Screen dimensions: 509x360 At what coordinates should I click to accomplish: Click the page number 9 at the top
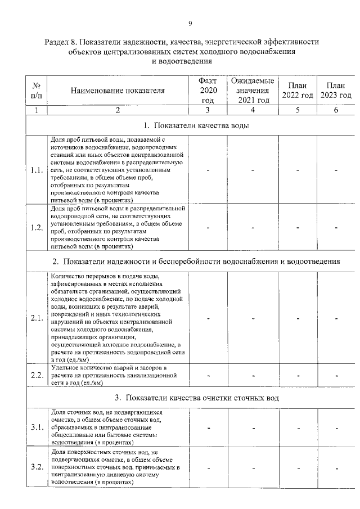190,23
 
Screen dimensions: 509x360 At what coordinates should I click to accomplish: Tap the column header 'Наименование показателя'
118,90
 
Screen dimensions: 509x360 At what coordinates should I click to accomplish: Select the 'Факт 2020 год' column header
208,90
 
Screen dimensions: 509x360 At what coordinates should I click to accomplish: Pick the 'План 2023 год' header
336,90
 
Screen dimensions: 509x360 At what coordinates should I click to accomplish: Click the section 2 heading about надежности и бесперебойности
196,261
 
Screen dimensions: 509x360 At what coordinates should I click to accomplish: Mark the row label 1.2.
37,227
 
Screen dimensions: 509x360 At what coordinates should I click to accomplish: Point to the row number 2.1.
37,318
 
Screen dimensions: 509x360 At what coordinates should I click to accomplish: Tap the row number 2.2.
37,376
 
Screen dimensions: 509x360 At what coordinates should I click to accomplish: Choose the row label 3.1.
37,427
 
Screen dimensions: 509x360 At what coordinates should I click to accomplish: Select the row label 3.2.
37,467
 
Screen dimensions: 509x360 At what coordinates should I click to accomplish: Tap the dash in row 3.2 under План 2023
336,467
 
